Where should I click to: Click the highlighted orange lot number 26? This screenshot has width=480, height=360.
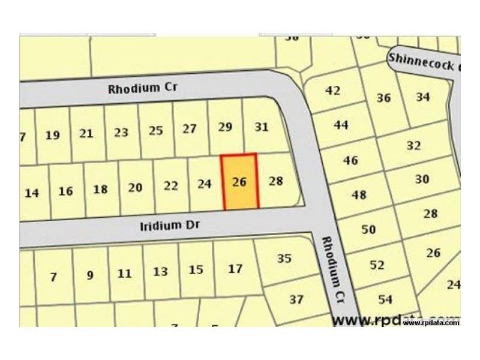239,182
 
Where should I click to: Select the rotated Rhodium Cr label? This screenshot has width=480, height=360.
334,268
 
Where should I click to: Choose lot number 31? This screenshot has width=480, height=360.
262,127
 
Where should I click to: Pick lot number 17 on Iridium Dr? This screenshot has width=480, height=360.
235,269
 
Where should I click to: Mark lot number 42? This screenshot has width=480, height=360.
332,91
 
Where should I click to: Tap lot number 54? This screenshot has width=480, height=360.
385,299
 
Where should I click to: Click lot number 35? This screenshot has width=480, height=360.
284,259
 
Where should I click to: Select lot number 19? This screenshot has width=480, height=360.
53,135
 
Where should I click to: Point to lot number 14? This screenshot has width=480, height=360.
32,193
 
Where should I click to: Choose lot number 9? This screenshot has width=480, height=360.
90,275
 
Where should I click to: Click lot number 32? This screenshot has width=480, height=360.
414,146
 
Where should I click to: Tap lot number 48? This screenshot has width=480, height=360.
359,195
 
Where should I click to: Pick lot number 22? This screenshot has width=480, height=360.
171,185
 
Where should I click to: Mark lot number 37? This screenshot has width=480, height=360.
296,299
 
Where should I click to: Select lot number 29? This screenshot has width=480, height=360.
225,127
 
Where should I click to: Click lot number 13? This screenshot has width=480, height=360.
160,272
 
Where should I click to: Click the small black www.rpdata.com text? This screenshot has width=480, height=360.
431,323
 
